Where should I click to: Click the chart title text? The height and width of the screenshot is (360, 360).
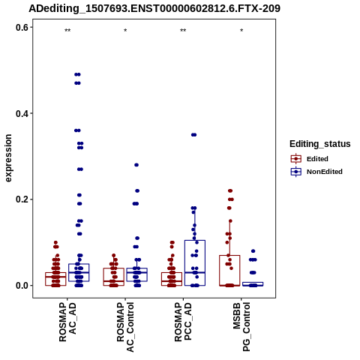coord(154,9)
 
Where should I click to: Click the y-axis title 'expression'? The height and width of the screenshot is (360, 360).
coord(8,158)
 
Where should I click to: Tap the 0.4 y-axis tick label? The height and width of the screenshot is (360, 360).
coord(22,113)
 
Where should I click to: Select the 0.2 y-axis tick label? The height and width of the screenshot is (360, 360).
coord(22,199)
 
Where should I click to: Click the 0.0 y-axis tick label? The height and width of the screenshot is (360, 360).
coord(22,286)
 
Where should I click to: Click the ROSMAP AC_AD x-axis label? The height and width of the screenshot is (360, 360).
coord(67,322)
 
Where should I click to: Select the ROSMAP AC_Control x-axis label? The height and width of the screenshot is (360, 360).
coord(125,327)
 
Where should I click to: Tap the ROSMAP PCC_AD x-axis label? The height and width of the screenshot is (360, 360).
coord(183,322)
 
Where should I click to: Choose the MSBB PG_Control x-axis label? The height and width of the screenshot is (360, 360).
coord(241,326)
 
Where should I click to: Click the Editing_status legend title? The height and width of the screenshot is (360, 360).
coord(320,144)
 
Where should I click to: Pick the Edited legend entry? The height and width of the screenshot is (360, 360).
coord(310,159)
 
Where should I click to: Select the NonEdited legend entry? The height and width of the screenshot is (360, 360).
coord(316,172)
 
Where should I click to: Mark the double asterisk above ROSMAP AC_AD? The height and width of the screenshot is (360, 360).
coord(67,31)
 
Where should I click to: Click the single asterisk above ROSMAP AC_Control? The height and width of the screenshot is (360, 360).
coord(125,31)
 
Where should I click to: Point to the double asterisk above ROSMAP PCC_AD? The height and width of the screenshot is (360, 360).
coord(183,31)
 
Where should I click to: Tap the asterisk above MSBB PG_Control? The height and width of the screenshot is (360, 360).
coord(241,31)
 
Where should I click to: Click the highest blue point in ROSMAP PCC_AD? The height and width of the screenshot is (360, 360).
coord(193,135)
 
